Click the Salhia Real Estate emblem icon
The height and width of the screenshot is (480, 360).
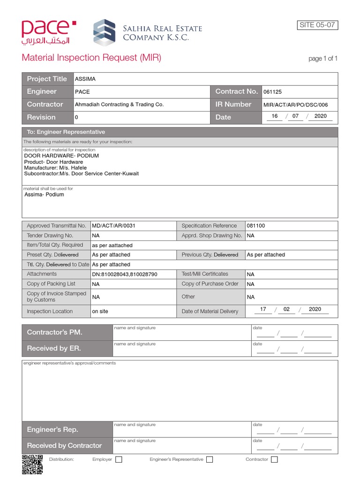pos(104,33)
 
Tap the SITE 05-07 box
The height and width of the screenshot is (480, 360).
pos(317,25)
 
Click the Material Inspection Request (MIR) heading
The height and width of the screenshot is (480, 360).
pos(91,58)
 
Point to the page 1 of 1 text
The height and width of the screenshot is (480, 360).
pos(322,59)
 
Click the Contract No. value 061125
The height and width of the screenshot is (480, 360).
pos(272,92)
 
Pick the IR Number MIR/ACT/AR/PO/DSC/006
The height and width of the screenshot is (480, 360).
pos(295,105)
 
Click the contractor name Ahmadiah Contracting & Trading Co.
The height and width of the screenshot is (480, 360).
pos(119,105)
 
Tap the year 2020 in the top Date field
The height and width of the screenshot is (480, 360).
pos(321,116)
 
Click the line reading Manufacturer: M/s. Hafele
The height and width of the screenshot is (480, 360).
pos(55,167)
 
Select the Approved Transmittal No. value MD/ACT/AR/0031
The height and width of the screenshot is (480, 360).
pos(113,225)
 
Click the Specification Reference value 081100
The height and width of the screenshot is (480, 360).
pos(255,225)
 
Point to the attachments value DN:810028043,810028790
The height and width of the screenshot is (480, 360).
pos(125,274)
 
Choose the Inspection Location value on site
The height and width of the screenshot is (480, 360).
pos(100,311)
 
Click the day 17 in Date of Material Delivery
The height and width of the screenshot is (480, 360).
pos(263,309)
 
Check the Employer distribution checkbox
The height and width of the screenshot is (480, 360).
pos(119,460)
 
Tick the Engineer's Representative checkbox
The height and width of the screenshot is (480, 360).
pos(210,460)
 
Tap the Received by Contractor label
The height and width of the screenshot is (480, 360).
pos(64,445)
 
